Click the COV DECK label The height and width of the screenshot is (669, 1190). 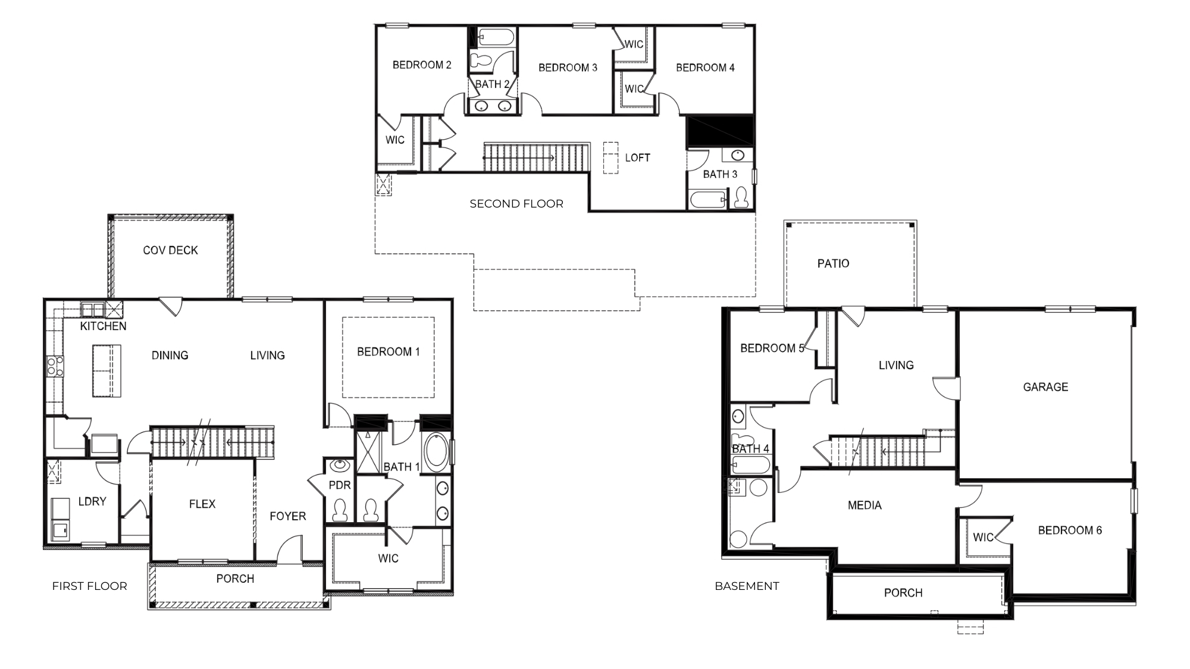point(170,250)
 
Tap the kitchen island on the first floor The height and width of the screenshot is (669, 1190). point(107,370)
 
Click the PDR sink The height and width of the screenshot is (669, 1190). point(340,465)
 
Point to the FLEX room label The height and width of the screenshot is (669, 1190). point(202,504)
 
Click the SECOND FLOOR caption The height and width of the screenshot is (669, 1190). point(516,204)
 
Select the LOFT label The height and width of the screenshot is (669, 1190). point(637,158)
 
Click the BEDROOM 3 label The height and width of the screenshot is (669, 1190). point(568,68)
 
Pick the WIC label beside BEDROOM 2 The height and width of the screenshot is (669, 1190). point(394,140)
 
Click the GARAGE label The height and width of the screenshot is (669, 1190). point(1045,387)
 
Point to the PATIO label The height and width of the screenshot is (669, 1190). point(833,263)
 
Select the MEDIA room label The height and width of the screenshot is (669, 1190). point(865,505)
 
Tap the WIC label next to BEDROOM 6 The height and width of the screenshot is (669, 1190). point(983,538)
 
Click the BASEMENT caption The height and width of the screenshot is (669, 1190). point(747,586)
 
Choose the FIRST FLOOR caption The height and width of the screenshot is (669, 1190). point(89,586)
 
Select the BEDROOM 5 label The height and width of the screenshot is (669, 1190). point(772,348)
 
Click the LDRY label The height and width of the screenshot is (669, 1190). point(92,502)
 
